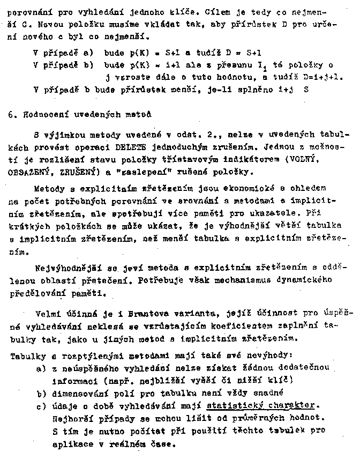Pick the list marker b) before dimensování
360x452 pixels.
click(x=41, y=393)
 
